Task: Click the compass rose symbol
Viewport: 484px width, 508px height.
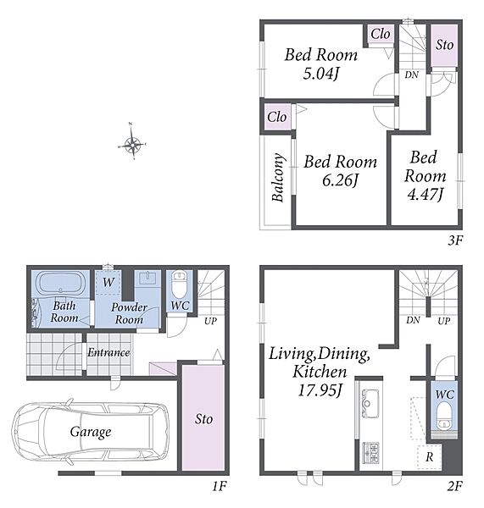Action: tap(132, 142)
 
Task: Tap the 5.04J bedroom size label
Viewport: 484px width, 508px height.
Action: tap(321, 75)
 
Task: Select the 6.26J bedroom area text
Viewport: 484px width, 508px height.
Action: tap(340, 180)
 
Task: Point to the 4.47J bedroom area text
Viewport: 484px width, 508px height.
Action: tap(426, 195)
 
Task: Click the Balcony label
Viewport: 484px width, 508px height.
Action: tap(278, 177)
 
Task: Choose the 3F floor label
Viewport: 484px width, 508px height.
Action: tap(455, 240)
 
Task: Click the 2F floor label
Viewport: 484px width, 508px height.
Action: tap(454, 486)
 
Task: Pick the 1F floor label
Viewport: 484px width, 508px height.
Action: tap(220, 486)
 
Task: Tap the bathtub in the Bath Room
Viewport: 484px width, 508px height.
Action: tap(60, 283)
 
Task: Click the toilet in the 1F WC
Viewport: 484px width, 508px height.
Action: tap(180, 284)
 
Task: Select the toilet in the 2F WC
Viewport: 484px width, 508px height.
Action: tap(444, 416)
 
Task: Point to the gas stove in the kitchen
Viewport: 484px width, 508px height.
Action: tap(370, 453)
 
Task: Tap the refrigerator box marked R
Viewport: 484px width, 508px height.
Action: tap(430, 457)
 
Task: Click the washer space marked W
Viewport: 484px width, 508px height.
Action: tap(108, 282)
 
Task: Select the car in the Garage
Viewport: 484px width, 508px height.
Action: tap(91, 432)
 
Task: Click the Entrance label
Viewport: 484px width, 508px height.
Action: tap(108, 352)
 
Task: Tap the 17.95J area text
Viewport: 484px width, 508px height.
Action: tap(320, 390)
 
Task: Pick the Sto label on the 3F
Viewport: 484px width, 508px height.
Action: tap(444, 45)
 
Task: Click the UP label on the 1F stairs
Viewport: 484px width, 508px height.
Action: tap(210, 321)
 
